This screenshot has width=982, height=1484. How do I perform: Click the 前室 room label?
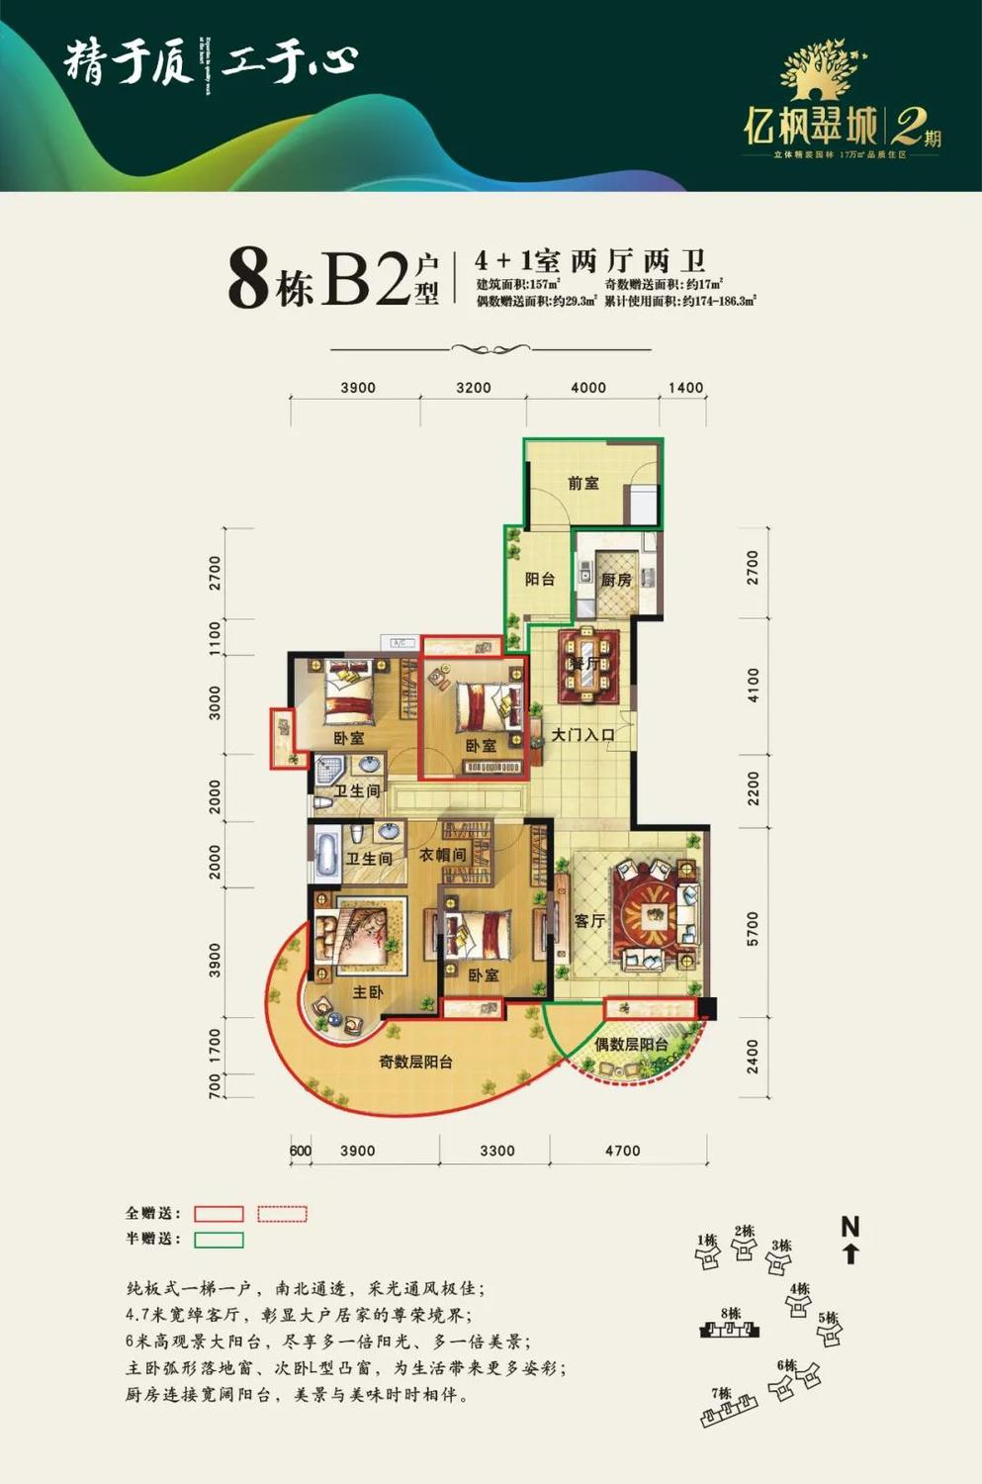[583, 484]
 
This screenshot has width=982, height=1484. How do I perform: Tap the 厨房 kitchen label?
[616, 580]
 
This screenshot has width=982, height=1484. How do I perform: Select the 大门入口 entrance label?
[582, 735]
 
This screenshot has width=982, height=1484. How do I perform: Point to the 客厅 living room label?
[589, 921]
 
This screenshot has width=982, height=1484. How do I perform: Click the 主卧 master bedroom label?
[368, 991]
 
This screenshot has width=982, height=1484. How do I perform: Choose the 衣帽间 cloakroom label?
[442, 855]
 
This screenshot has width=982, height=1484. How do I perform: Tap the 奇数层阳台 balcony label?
[415, 1062]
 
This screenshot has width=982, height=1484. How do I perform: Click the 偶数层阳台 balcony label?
[631, 1045]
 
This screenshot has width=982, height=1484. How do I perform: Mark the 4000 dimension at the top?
[588, 388]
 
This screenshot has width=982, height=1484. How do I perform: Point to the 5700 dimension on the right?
[753, 929]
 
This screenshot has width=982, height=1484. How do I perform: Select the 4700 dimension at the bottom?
[622, 1151]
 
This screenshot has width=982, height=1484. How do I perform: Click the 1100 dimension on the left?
[216, 637]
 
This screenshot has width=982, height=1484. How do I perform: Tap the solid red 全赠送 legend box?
[219, 1214]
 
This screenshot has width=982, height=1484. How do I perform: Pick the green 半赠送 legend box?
[219, 1240]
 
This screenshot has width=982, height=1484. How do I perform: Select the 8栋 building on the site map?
[731, 1330]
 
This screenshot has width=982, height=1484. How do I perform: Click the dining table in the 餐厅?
[589, 663]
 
